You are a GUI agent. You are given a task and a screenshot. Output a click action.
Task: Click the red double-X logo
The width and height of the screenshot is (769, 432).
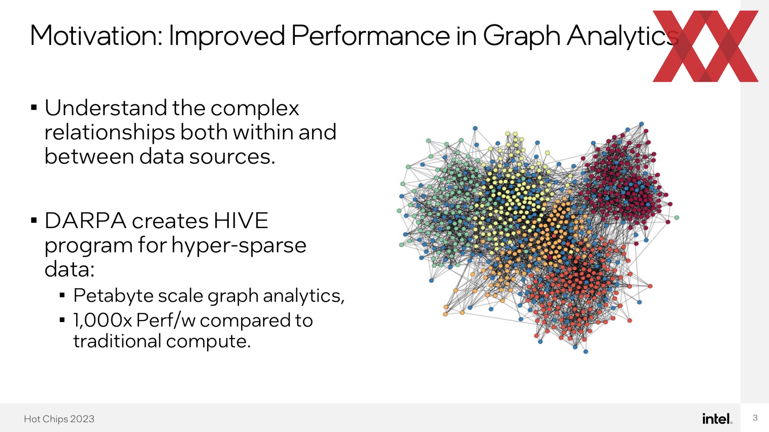(x=705, y=46)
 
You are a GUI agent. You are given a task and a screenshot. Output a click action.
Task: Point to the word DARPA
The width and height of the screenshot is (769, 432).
(x=85, y=220)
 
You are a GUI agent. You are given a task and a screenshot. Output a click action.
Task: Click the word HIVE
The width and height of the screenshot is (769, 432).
(x=241, y=220)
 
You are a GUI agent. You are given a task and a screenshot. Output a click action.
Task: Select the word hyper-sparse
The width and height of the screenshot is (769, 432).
(x=239, y=246)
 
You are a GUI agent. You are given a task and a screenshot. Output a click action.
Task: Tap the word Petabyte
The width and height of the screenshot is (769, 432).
(x=113, y=296)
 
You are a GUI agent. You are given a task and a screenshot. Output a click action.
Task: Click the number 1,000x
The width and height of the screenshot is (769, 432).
(x=103, y=320)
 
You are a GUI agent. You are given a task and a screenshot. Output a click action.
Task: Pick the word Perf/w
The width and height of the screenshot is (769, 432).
(x=166, y=320)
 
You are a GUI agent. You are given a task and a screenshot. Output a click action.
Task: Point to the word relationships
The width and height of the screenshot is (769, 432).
(x=110, y=133)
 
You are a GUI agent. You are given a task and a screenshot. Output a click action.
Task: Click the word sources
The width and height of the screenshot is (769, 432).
(x=232, y=157)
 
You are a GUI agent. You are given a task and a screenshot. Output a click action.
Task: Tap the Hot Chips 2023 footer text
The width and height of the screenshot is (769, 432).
(x=59, y=419)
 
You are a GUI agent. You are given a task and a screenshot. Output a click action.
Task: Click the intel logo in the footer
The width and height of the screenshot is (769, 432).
(x=717, y=418)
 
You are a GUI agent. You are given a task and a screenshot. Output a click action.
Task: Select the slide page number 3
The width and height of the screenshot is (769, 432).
(x=755, y=418)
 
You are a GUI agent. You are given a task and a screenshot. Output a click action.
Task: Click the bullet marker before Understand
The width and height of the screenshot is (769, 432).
(x=34, y=108)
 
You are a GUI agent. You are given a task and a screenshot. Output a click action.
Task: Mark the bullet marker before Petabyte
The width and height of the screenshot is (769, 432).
(x=62, y=296)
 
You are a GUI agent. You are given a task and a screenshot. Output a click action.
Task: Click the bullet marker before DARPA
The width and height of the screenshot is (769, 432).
(x=34, y=220)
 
